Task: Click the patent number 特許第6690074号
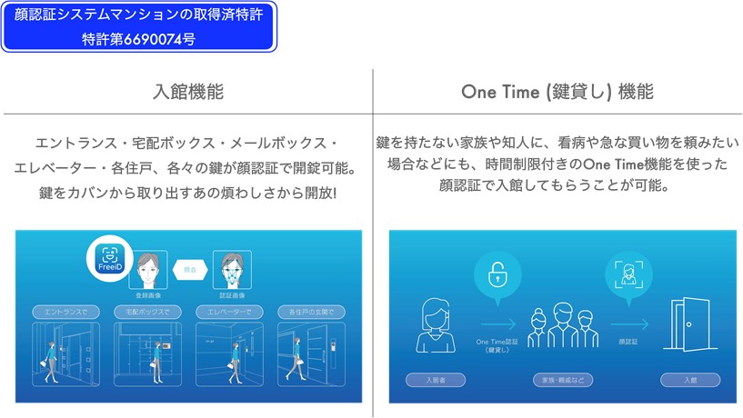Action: tap(138, 38)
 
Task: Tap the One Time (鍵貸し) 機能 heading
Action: tap(557, 93)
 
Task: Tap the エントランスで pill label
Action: tap(64, 312)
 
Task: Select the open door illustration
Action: tap(689, 323)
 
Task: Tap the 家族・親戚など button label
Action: tap(563, 380)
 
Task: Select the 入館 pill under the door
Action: tap(690, 380)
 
